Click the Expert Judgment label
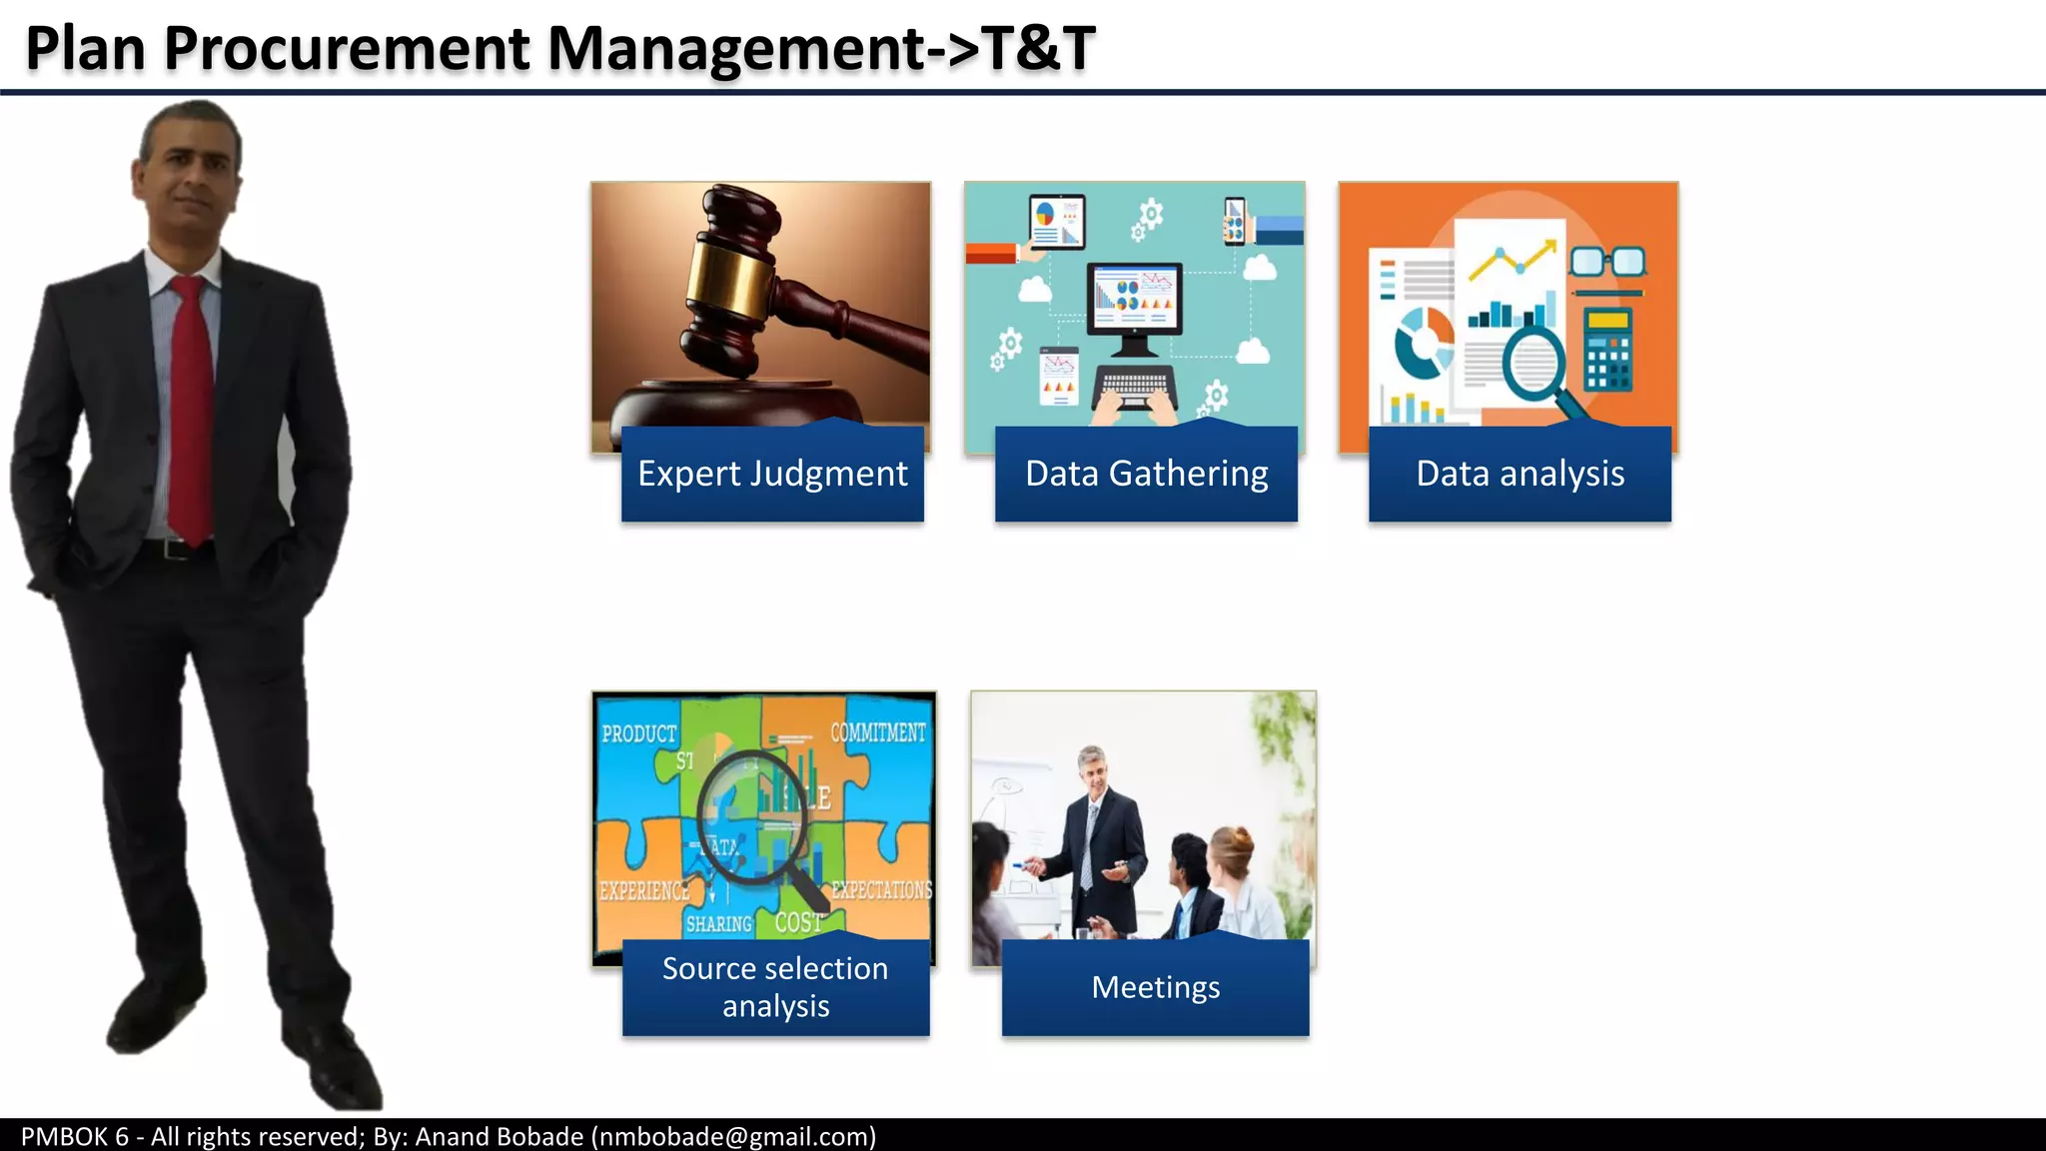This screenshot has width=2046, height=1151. tap(772, 474)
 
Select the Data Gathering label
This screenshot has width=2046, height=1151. tap(1146, 474)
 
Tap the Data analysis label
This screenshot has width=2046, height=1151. tap(1520, 474)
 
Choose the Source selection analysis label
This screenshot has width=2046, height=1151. tap(775, 987)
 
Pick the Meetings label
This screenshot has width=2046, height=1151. tap(1155, 987)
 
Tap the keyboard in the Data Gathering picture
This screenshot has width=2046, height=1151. tap(1134, 385)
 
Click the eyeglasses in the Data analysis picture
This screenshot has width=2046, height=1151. tap(1606, 263)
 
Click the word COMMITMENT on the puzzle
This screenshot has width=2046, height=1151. tap(878, 732)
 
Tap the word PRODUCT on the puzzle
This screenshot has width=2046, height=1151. tap(638, 734)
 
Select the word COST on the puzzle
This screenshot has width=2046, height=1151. tap(798, 922)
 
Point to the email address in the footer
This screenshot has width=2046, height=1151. tap(733, 1137)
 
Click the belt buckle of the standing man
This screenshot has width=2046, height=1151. tap(176, 549)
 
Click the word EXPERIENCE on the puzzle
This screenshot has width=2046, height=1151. tap(643, 890)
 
